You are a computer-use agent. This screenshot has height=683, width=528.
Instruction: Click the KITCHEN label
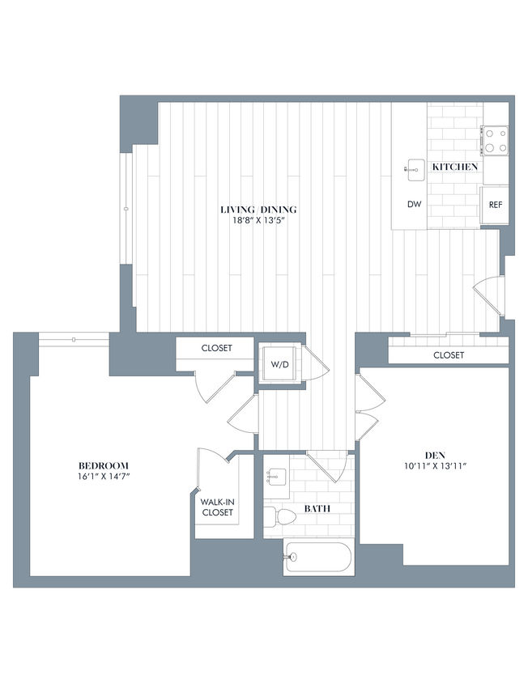point(454,167)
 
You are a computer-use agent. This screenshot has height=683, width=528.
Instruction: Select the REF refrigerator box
point(495,205)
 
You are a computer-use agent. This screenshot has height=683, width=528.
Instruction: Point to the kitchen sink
point(416,168)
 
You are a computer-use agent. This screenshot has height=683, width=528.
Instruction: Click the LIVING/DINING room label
point(254,210)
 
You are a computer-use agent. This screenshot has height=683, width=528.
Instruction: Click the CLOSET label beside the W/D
point(216,348)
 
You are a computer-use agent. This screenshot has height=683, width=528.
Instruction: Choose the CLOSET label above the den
point(449,355)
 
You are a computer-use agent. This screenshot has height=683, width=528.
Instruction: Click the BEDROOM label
point(104,465)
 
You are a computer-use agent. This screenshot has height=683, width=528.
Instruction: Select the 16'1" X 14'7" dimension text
point(104,477)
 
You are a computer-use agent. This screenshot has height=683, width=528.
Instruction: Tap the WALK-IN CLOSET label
point(217,507)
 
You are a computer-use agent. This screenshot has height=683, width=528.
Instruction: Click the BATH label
point(316,508)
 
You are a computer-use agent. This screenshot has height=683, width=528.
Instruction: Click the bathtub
point(318,558)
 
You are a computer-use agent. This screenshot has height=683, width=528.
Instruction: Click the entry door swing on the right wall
point(488,297)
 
